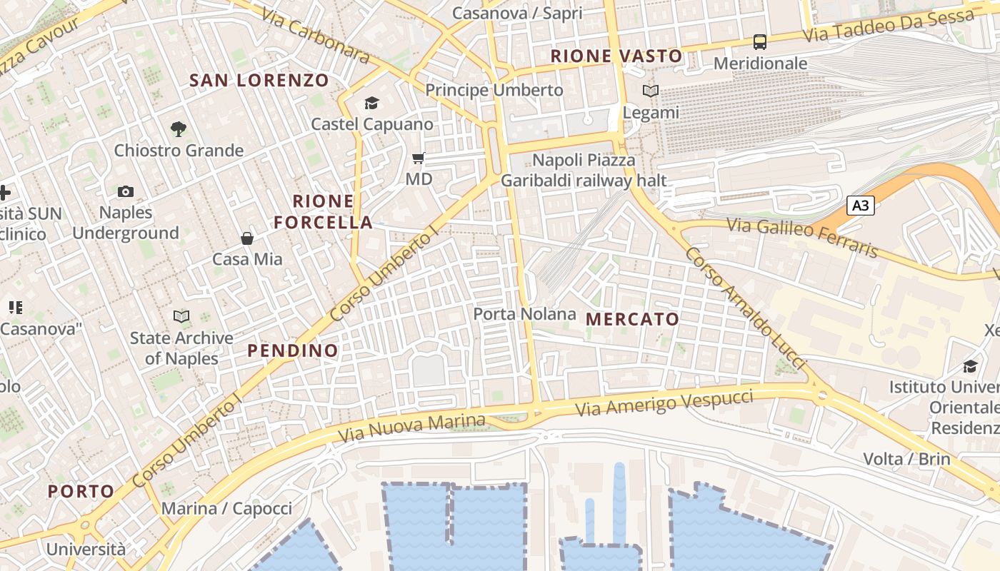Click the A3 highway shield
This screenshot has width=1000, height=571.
tap(861, 206)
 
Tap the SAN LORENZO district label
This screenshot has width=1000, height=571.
tap(259, 81)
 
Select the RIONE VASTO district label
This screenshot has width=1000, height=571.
tap(616, 56)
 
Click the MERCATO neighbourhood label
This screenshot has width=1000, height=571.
tap(632, 319)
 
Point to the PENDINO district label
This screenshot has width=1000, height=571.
tap(293, 350)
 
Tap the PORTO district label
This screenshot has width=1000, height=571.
tap(81, 491)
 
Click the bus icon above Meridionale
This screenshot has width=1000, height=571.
tap(760, 42)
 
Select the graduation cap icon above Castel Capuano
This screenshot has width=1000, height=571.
tap(371, 103)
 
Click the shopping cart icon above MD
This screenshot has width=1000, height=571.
tap(419, 158)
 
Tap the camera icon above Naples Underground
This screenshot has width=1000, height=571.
tap(126, 191)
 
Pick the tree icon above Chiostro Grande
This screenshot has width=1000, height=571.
tap(179, 129)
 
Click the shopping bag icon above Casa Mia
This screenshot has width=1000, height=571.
tap(247, 238)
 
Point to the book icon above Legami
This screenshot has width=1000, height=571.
tap(651, 91)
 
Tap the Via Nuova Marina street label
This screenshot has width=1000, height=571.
tap(412, 426)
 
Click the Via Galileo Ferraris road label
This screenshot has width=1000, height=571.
tap(802, 237)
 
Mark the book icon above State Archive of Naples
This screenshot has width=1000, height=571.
tap(181, 316)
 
